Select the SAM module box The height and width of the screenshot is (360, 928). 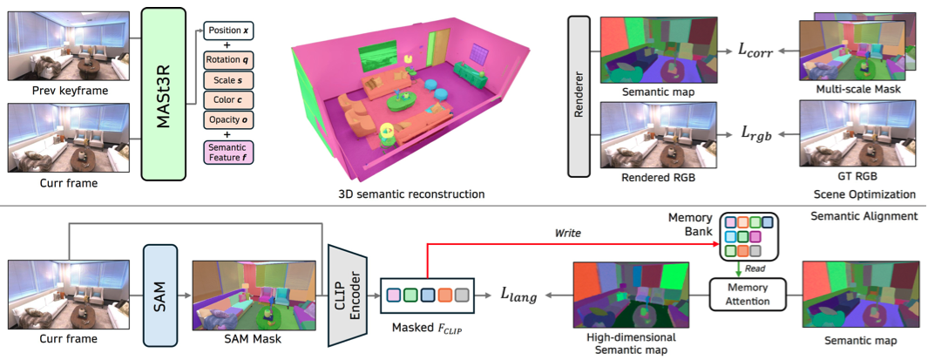point(159,280)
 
